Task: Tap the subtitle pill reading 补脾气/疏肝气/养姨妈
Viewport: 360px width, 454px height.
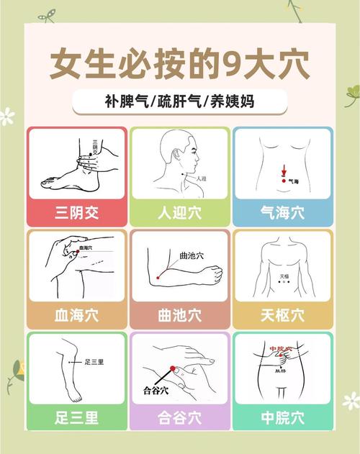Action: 179,101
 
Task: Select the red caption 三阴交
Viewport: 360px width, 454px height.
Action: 77,212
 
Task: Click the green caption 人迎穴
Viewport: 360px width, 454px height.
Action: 180,212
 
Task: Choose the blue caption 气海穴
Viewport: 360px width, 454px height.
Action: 282,212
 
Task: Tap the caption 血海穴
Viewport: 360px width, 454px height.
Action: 77,314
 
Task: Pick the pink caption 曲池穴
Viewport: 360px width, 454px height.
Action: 180,314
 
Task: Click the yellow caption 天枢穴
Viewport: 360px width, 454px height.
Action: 282,314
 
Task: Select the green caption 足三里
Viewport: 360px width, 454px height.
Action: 77,417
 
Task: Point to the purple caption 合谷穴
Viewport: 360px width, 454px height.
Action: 180,417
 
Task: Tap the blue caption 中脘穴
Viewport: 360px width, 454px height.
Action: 282,417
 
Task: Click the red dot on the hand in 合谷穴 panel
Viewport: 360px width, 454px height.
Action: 172,369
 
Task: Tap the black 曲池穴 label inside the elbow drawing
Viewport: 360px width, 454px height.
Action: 192,255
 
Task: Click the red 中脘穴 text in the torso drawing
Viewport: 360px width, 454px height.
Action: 281,349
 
